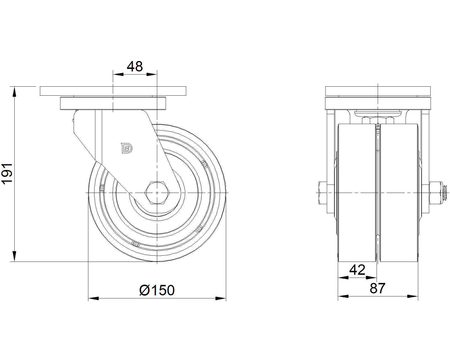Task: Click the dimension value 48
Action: [x=135, y=67]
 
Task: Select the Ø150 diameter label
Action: [x=157, y=290]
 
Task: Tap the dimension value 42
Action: [x=357, y=270]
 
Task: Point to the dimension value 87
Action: [x=377, y=289]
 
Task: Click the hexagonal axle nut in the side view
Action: [x=157, y=193]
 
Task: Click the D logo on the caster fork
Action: [x=127, y=148]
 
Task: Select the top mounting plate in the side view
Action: [x=113, y=91]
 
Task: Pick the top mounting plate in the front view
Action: [x=378, y=91]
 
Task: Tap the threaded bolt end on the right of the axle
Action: [x=445, y=193]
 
